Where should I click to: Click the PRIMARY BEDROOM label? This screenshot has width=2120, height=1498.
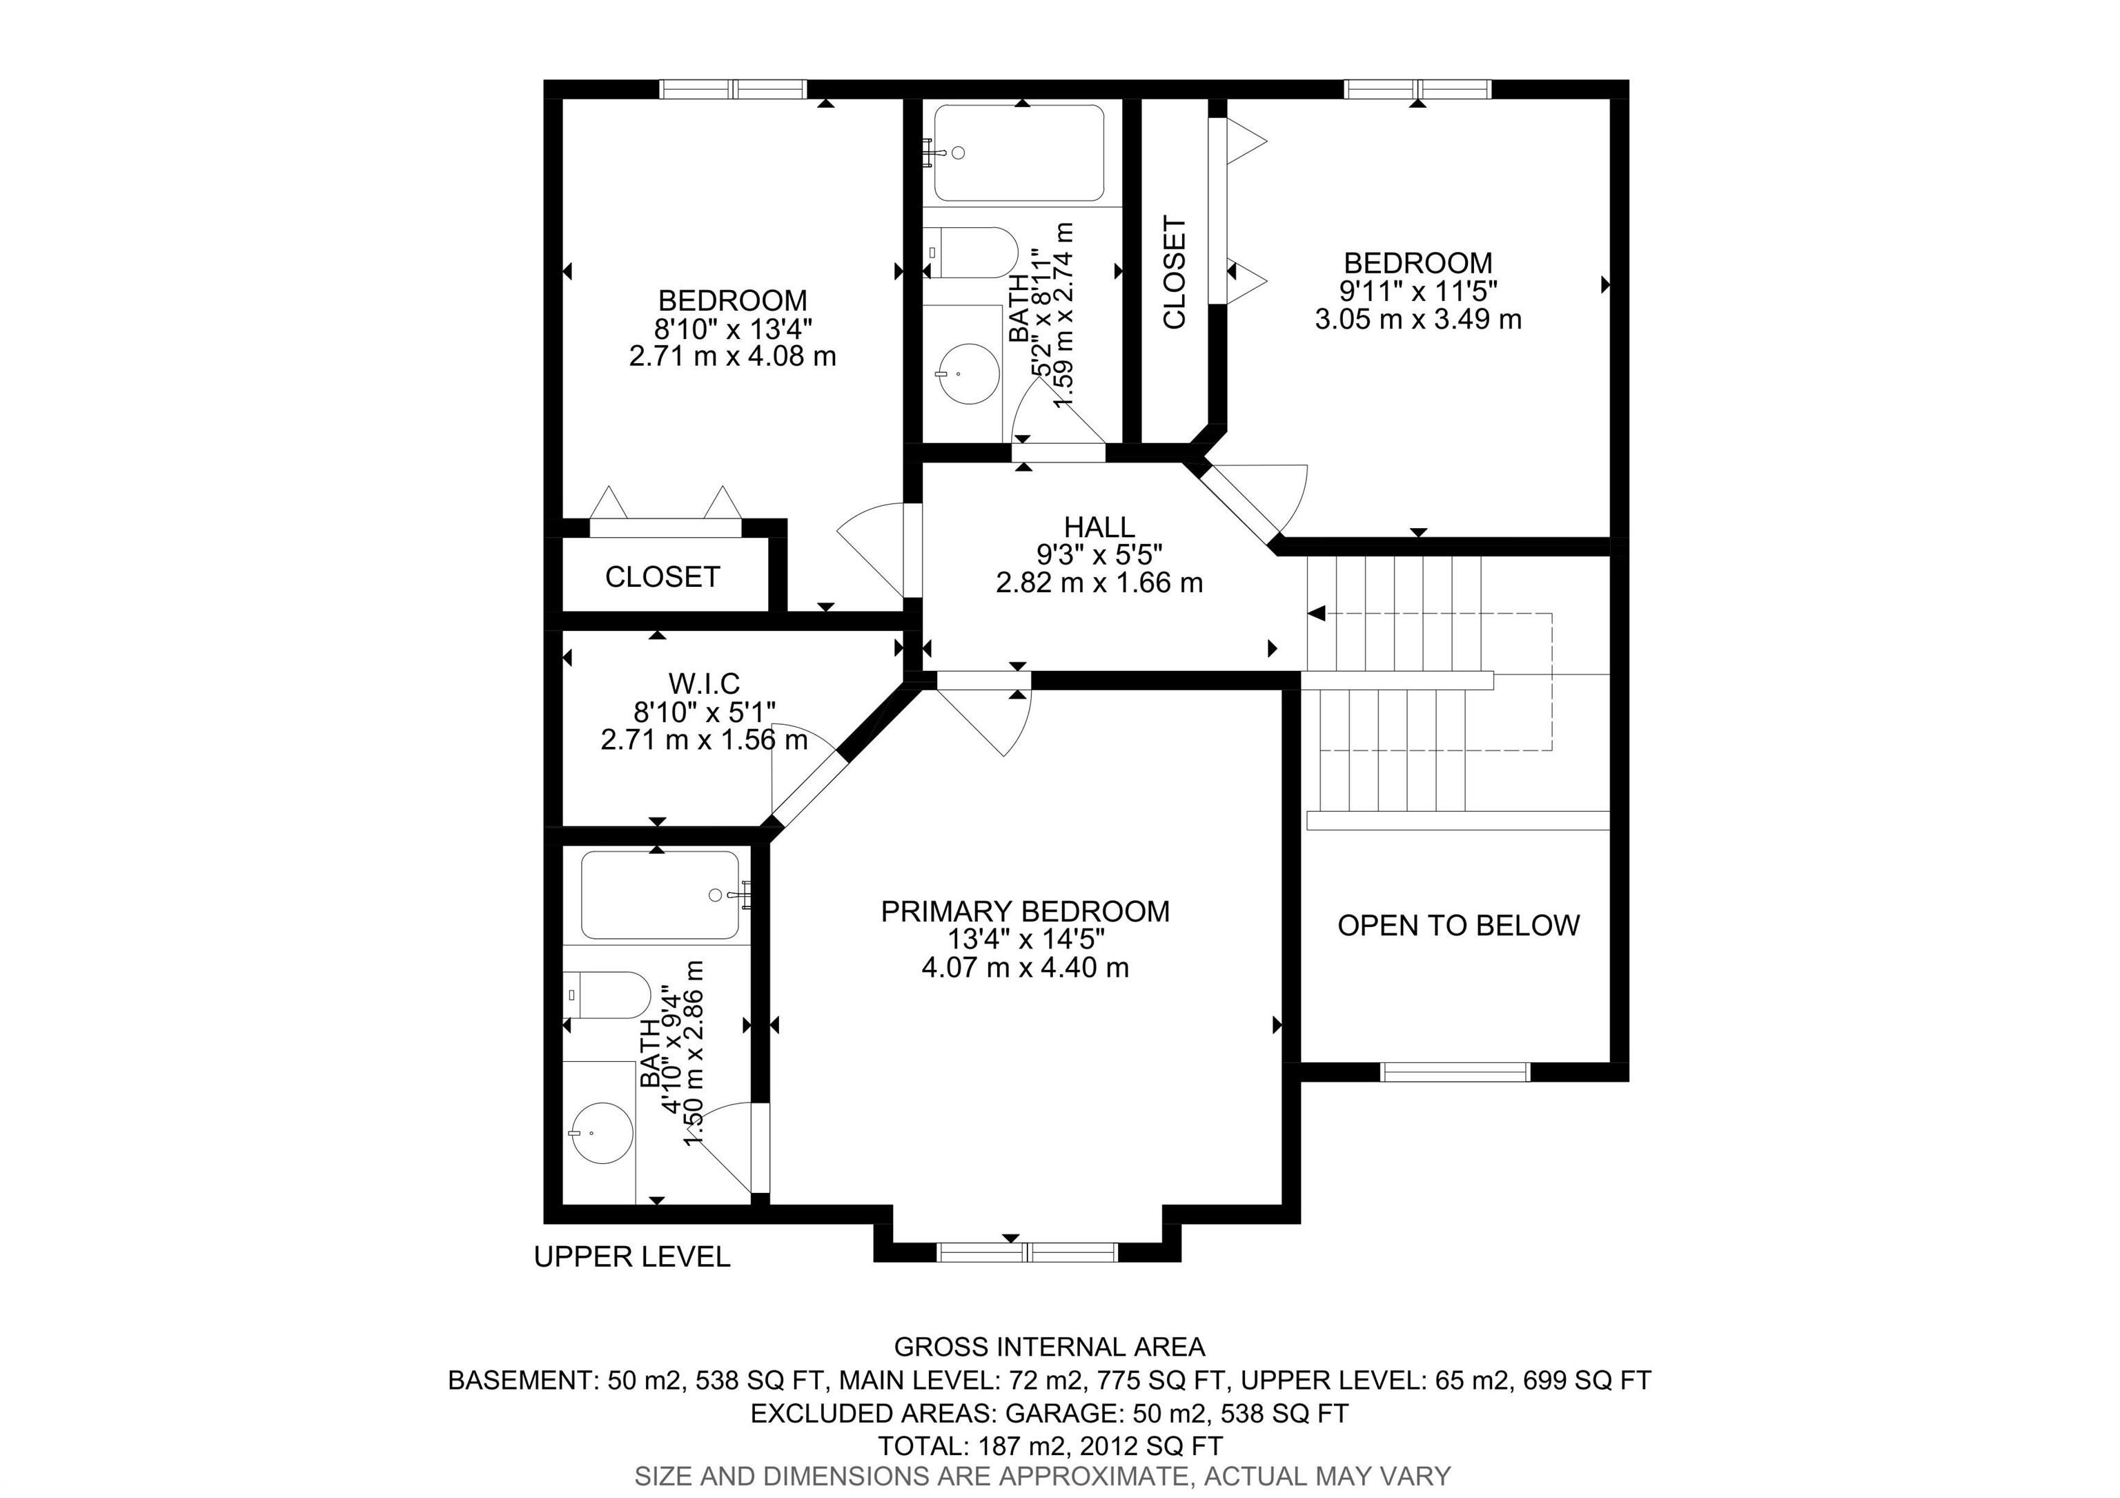[1025, 911]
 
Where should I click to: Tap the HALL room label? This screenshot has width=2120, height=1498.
[1099, 527]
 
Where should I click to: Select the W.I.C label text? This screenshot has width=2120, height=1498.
[704, 683]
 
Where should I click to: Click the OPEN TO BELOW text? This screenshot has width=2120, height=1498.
[1458, 926]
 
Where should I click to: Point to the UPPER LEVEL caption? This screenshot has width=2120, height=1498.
[631, 1257]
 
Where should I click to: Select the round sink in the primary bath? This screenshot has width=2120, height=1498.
[602, 1132]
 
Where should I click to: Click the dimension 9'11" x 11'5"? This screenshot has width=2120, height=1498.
[1418, 291]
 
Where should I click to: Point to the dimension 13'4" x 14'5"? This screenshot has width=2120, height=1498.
[1025, 940]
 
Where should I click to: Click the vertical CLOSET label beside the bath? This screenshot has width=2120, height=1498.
[1175, 273]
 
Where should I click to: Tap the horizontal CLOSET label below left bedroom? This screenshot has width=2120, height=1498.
[662, 577]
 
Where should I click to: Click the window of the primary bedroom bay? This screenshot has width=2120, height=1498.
[1027, 1252]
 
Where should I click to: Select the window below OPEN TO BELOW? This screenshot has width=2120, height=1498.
[1455, 1072]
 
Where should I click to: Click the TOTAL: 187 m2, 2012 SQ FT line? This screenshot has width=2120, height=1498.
[1050, 1446]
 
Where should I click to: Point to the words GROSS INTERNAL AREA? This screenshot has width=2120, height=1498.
[1050, 1348]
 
